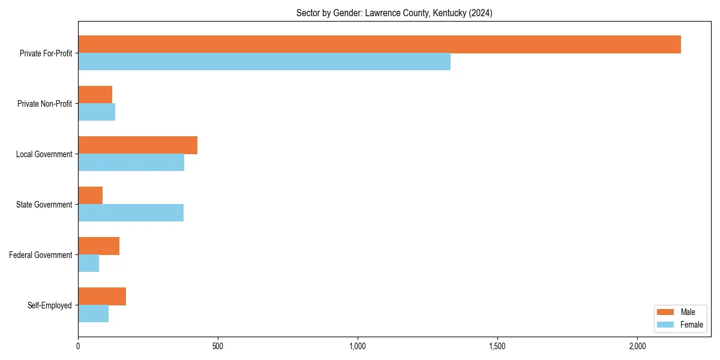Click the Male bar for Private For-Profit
coord(379,44)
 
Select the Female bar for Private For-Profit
coord(264,62)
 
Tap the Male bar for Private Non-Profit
coord(95,95)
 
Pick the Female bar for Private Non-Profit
coord(97,112)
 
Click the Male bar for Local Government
coord(137,145)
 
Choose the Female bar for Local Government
coord(131,163)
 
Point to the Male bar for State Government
coord(90,196)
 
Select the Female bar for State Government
coord(131,213)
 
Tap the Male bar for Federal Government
coord(98,246)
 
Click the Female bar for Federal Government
coord(88,263)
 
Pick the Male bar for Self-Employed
coord(102,296)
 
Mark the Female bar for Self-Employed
coord(93,314)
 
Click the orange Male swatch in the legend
coord(665,312)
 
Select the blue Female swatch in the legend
coord(665,325)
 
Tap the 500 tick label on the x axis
coord(218,346)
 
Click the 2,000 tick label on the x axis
coord(637,346)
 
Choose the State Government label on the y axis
coord(44,205)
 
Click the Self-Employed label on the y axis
coord(50,305)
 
